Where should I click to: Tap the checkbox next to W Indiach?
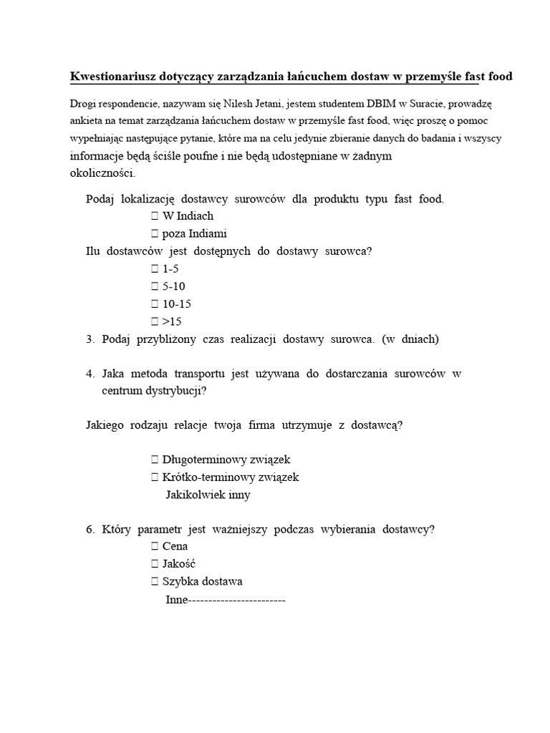coord(155,215)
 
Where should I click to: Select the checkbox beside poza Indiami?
coord(155,233)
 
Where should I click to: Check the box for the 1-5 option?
coord(155,269)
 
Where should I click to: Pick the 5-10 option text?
coord(174,286)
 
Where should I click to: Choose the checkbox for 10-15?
coord(155,304)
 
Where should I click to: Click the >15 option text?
coord(174,321)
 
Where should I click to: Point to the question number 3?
coord(90,339)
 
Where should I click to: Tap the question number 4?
coord(90,374)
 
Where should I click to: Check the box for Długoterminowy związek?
coord(155,460)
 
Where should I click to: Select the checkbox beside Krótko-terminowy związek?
coord(155,477)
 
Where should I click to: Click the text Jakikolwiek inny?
coord(208,495)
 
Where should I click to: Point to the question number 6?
coord(90,530)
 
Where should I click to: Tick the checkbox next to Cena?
coord(155,546)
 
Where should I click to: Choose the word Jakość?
coord(179,564)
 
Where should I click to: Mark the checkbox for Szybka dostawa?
coord(155,581)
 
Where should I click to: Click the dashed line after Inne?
coord(236,599)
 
